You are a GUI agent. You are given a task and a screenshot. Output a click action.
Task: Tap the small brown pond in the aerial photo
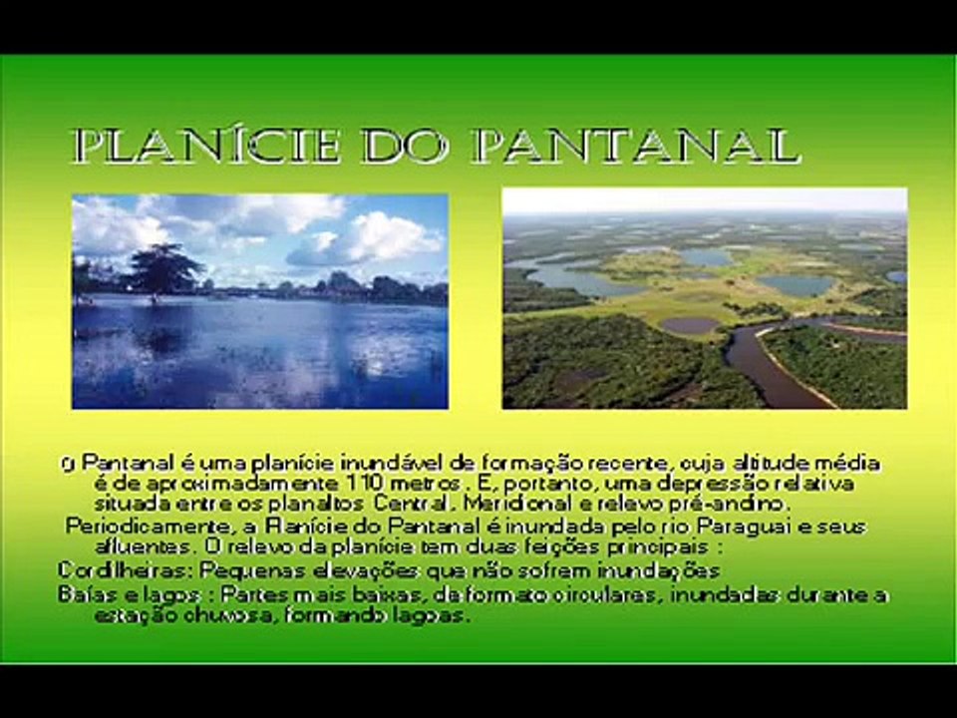point(689,326)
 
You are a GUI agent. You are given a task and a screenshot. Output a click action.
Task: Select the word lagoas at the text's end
point(434,615)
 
